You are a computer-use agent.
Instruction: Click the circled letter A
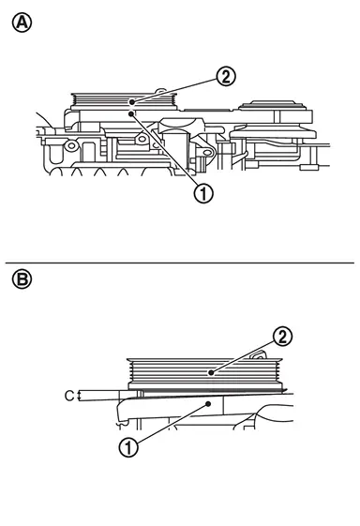click(x=22, y=23)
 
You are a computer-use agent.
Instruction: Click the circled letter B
click(x=22, y=279)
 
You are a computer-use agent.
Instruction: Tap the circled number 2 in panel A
click(x=226, y=77)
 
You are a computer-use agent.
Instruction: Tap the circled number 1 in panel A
click(x=203, y=193)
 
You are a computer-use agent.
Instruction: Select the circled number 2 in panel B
click(x=282, y=337)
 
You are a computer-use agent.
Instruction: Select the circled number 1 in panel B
click(x=128, y=447)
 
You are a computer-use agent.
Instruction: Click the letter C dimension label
click(x=69, y=396)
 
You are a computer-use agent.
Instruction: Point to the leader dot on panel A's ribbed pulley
click(x=132, y=101)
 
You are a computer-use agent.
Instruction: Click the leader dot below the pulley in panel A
click(x=131, y=114)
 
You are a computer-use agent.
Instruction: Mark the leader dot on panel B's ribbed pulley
click(x=211, y=372)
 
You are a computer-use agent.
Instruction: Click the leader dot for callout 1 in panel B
click(x=208, y=404)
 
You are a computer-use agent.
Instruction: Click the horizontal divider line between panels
click(x=180, y=263)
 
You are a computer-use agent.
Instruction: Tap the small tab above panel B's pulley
click(x=259, y=355)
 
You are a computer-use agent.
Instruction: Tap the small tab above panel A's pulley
click(x=160, y=91)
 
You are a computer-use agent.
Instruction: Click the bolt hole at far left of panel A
click(x=71, y=146)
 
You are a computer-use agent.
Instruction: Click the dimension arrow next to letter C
click(x=79, y=396)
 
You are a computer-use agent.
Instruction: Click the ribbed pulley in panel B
click(x=205, y=373)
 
